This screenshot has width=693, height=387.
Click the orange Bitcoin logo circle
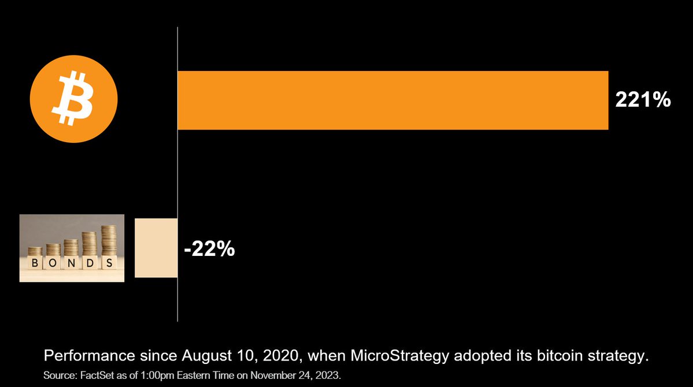[74, 99]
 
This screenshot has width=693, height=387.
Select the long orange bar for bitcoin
[393, 101]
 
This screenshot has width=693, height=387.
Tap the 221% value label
[643, 100]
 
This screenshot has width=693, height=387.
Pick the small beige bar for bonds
[156, 248]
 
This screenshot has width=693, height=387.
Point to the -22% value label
[209, 249]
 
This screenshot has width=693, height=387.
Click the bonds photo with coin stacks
[72, 248]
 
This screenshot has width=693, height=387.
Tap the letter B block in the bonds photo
[35, 263]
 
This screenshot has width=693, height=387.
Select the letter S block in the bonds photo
[109, 263]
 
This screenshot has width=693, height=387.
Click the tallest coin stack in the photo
[109, 241]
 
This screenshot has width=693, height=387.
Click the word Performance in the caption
[89, 356]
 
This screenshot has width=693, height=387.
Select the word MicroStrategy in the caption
[400, 356]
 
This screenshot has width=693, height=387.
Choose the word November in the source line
[269, 375]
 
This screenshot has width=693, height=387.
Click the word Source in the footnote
[60, 375]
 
